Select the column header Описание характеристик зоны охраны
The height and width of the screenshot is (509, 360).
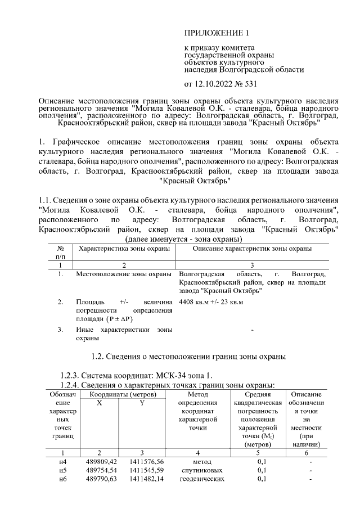point(252,248)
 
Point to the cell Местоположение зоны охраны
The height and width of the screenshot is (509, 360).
point(124,274)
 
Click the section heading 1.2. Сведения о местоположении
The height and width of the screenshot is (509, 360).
point(188,357)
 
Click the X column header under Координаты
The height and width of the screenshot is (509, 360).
point(99,403)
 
